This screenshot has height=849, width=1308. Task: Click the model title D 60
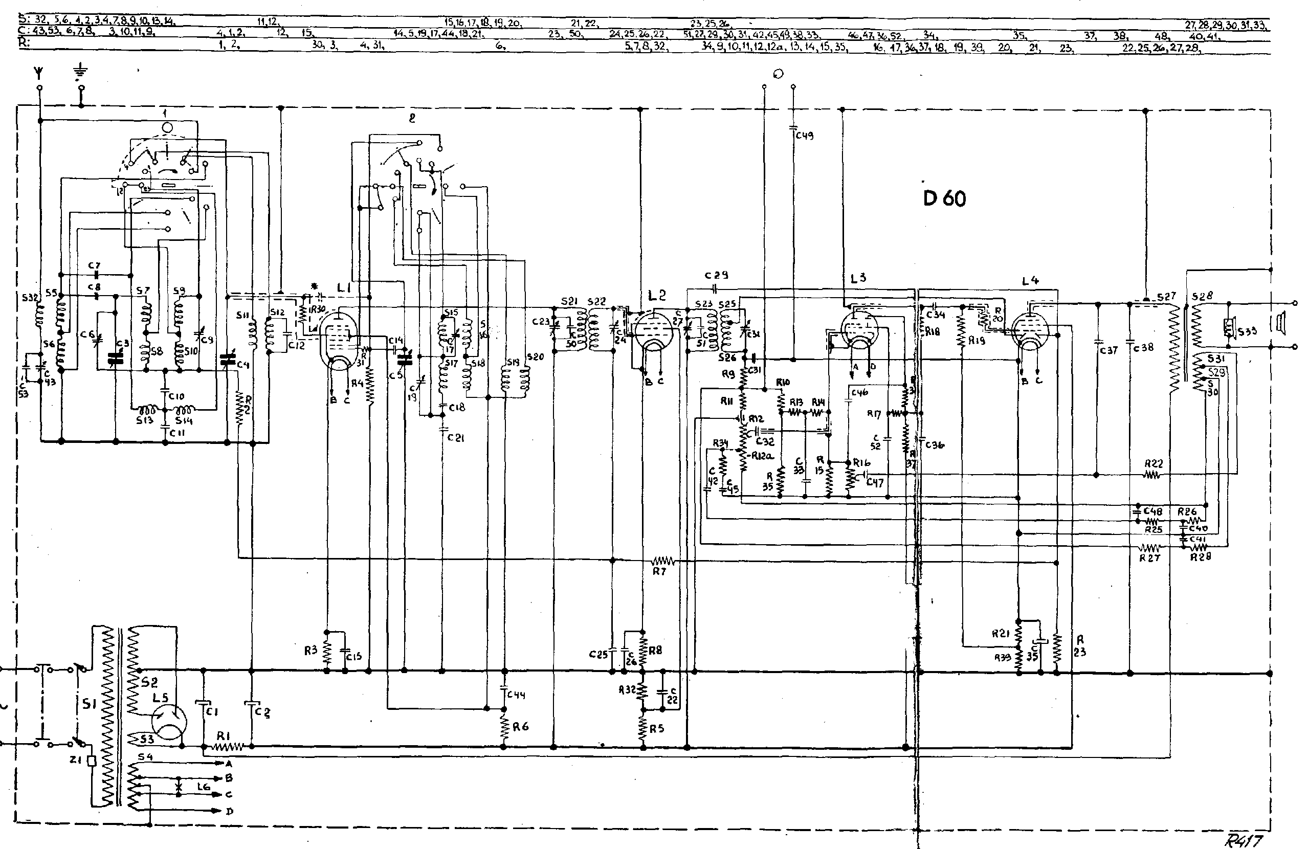[x=944, y=198]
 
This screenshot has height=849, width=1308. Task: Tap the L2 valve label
[x=657, y=296]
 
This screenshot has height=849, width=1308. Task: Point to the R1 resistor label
[x=223, y=735]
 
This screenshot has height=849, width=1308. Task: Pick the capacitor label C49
[x=805, y=135]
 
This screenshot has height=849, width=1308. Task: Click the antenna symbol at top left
[x=39, y=72]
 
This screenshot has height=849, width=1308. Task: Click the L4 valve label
[x=1030, y=281]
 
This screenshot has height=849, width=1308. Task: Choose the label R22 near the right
[x=1154, y=464]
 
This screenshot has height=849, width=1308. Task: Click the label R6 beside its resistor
[x=520, y=727]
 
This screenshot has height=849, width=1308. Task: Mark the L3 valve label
[x=858, y=278]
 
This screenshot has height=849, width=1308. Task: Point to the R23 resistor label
[x=1080, y=646]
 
